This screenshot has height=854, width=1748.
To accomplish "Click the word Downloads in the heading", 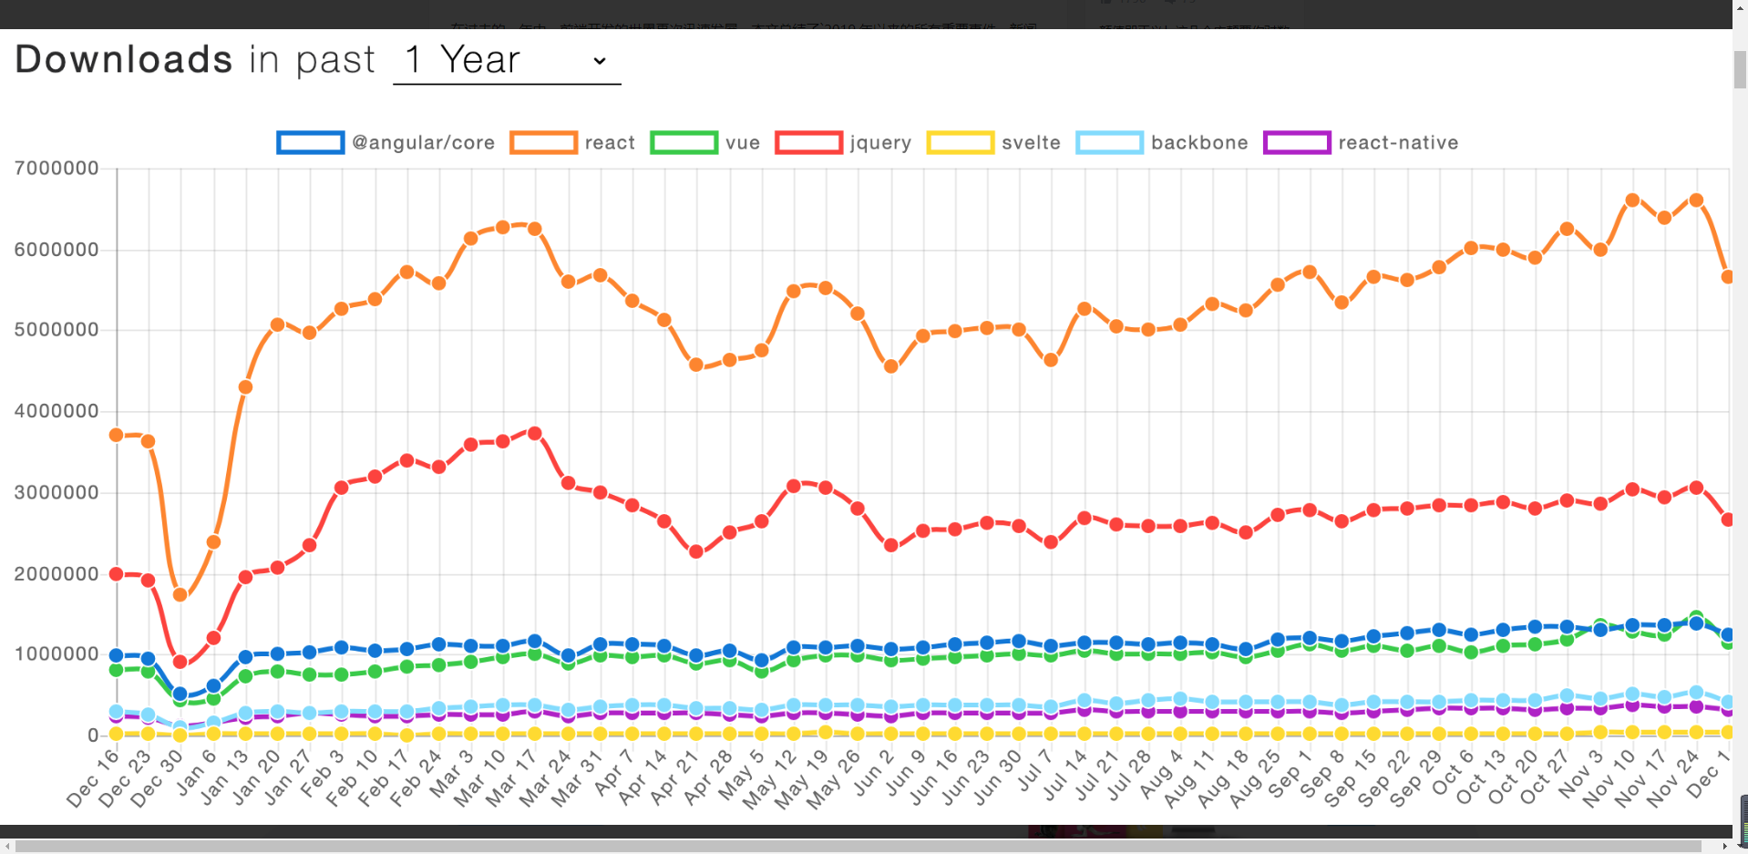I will pyautogui.click(x=124, y=60).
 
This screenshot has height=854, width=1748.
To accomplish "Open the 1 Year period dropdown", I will pyautogui.click(x=507, y=61).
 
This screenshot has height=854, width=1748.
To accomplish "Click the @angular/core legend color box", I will pyautogui.click(x=311, y=143).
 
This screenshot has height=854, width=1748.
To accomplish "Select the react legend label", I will pyautogui.click(x=610, y=143).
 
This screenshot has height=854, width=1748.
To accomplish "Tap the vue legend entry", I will pyautogui.click(x=743, y=143).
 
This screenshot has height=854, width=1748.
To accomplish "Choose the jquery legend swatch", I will pyautogui.click(x=808, y=143).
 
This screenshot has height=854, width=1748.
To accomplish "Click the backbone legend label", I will pyautogui.click(x=1199, y=143).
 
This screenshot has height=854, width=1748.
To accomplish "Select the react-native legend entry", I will pyautogui.click(x=1398, y=143).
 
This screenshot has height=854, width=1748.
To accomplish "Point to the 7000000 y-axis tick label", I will pyautogui.click(x=57, y=169).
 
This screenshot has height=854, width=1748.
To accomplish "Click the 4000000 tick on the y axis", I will pyautogui.click(x=57, y=411).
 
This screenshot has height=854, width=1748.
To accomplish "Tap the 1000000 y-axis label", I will pyautogui.click(x=57, y=654).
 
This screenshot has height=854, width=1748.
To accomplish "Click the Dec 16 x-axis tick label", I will pyautogui.click(x=95, y=777).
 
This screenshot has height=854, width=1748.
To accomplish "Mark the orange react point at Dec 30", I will pyautogui.click(x=180, y=594).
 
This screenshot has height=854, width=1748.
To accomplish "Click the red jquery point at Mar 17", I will pyautogui.click(x=535, y=434).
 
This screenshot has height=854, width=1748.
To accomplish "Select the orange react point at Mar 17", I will pyautogui.click(x=535, y=229).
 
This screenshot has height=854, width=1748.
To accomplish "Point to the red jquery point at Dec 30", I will pyautogui.click(x=180, y=662).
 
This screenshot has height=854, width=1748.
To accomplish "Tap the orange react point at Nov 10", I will pyautogui.click(x=1632, y=201).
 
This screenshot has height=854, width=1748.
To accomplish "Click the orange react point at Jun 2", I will pyautogui.click(x=891, y=366).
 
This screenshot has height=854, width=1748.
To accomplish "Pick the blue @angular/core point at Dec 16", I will pyautogui.click(x=117, y=655).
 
